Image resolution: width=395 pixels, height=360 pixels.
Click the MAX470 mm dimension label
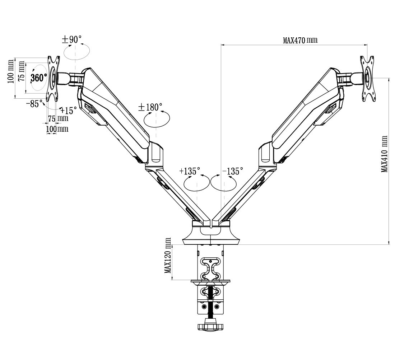300,40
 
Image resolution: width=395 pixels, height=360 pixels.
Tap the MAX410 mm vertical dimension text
384,154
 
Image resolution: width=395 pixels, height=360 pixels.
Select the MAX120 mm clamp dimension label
168,256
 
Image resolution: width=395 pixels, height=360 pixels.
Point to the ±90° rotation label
72,39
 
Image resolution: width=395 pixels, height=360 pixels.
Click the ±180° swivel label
150,107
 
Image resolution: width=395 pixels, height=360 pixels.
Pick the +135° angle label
190,171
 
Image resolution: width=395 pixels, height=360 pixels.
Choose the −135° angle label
233,171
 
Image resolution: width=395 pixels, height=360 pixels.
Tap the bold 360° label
39,78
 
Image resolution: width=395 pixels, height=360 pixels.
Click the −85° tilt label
34,103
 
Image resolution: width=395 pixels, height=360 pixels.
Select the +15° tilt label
68,110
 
